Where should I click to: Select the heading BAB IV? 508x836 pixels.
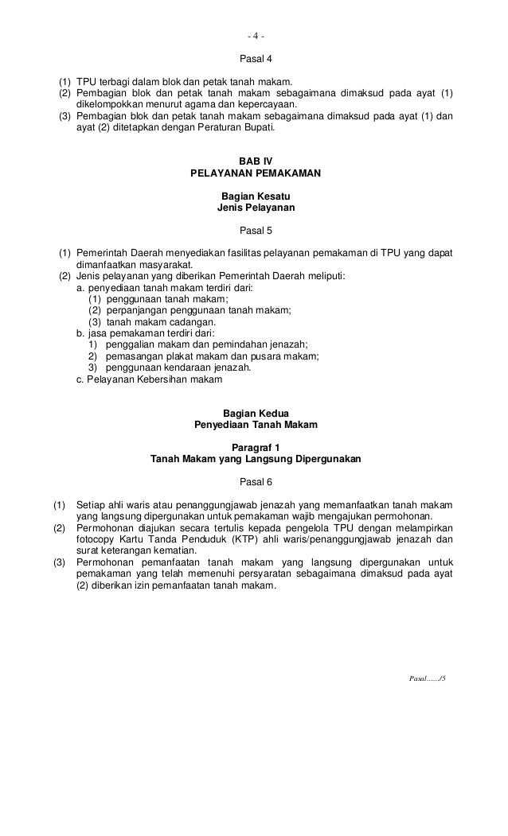pyautogui.click(x=255, y=160)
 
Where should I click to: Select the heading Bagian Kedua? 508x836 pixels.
pyautogui.click(x=256, y=413)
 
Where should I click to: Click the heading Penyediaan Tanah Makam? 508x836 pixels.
pyautogui.click(x=256, y=425)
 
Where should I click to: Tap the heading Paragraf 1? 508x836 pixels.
pyautogui.click(x=255, y=447)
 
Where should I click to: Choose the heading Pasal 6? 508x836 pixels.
pyautogui.click(x=255, y=482)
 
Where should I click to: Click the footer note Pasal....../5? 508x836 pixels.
pyautogui.click(x=427, y=682)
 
